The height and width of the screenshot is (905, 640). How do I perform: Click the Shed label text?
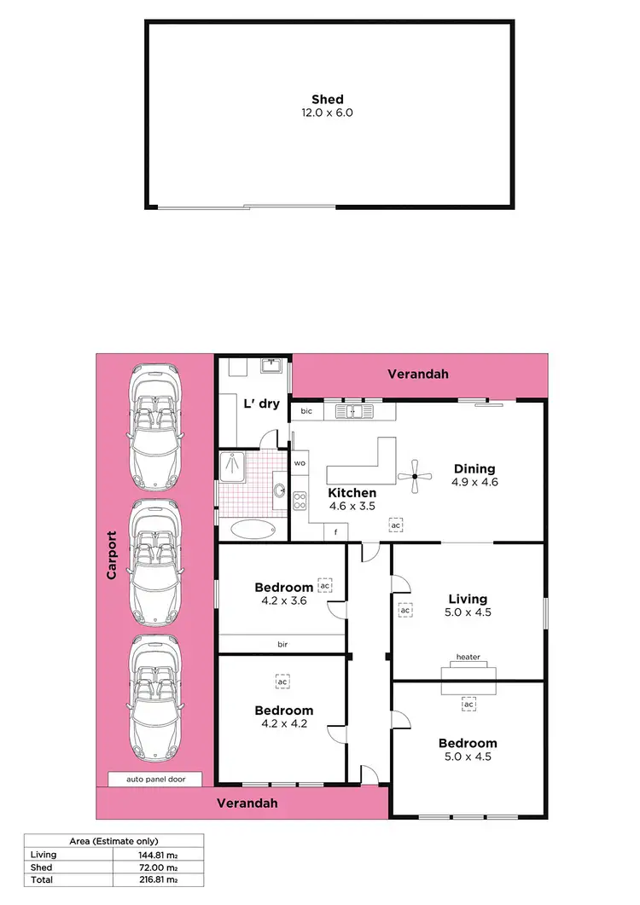328,100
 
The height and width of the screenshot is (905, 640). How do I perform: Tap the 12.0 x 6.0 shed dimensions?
328,113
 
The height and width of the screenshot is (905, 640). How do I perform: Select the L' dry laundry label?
262,403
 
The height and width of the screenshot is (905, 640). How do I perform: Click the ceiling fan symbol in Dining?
415,477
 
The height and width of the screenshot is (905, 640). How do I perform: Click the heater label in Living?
468,657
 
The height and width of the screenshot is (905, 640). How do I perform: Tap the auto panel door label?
155,779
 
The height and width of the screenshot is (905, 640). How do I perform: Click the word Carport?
112,556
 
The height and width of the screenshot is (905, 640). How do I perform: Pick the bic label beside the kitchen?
305,412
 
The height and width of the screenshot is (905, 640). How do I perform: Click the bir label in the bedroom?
282,645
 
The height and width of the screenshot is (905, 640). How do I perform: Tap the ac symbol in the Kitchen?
395,525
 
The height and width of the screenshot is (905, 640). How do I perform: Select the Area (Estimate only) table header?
113,841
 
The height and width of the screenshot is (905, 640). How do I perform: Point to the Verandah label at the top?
418,374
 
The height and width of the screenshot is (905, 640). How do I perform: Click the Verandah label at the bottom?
247,803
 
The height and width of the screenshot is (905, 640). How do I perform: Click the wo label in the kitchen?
300,463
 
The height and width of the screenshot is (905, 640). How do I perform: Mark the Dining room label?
474,468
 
